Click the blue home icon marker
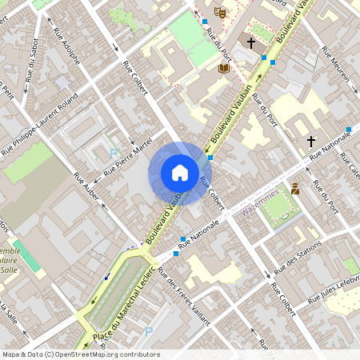179,172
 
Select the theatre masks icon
220,11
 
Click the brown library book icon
224,68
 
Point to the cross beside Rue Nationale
311,141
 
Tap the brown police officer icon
295,189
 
